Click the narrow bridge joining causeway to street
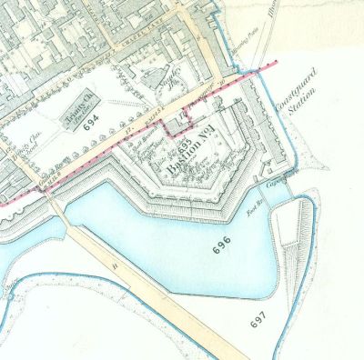pyautogui.click(x=56, y=211)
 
